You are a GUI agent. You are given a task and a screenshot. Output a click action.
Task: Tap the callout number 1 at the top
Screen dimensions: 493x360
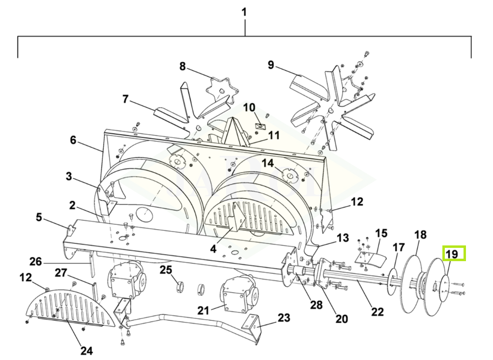coord(244,12)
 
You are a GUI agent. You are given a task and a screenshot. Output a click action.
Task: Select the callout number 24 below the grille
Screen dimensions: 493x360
coord(87,350)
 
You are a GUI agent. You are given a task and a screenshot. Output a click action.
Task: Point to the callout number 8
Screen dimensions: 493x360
coord(183,66)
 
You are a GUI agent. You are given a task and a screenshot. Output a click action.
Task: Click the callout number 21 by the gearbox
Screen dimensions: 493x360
coord(203,311)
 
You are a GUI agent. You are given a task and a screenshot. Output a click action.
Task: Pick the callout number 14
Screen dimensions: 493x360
coord(268,163)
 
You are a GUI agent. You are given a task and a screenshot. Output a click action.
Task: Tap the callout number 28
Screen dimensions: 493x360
coord(316,304)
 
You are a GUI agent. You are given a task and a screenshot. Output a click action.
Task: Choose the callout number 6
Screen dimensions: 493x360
coord(73,140)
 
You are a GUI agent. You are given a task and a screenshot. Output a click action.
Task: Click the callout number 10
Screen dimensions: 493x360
coord(249,107)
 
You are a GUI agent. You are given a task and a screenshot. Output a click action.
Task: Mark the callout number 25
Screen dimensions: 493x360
coord(166,270)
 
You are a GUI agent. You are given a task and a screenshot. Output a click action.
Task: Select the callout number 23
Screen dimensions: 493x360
coord(284,318)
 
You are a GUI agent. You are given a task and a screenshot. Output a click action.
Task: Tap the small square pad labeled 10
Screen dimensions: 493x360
coord(261,126)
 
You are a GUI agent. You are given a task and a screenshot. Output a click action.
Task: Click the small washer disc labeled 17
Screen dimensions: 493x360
coord(392,282)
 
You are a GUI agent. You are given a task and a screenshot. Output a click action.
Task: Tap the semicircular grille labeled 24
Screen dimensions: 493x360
coord(70,307)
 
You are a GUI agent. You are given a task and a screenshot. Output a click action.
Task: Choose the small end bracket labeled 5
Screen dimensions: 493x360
coord(71,231)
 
